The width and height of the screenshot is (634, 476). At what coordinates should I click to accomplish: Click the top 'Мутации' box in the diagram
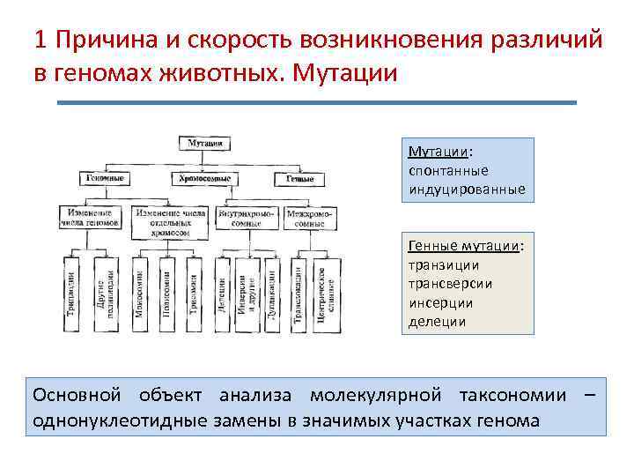[x=205, y=142]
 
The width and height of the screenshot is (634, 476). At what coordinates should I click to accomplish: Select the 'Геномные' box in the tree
[x=106, y=178]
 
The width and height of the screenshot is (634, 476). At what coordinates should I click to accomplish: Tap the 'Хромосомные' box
[x=205, y=178]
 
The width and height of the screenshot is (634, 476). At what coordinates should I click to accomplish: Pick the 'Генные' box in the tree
[x=300, y=178]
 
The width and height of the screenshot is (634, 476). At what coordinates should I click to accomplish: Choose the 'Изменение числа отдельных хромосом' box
[x=171, y=223]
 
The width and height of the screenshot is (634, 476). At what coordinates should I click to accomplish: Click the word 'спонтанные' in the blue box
[x=448, y=170]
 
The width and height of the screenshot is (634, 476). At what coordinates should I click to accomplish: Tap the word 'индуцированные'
[x=467, y=190]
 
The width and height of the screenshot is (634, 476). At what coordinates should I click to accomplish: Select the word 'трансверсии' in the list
[x=450, y=284]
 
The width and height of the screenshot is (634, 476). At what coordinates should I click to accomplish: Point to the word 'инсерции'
[x=440, y=302]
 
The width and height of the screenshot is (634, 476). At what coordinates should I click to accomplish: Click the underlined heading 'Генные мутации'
[x=465, y=245]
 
